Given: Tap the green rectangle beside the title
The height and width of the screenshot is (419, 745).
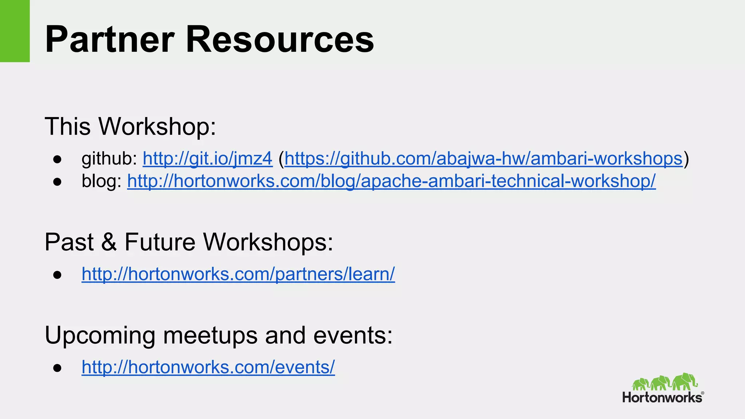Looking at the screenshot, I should point(15,31).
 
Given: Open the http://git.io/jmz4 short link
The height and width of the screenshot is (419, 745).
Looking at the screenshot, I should point(207,159).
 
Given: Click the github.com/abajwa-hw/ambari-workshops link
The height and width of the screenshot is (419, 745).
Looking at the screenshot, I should point(483,159).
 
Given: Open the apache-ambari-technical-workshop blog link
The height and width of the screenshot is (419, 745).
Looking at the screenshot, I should point(391,181).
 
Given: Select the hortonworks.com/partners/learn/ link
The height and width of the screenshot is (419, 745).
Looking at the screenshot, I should point(238,274).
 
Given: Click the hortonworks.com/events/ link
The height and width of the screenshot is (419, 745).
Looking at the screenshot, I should point(208,367).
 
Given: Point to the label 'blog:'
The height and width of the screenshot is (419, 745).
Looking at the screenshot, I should point(101,181).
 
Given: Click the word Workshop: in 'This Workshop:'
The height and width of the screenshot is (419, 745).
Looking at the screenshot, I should point(157,127).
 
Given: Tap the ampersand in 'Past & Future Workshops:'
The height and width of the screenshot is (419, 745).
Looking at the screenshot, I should point(109,242).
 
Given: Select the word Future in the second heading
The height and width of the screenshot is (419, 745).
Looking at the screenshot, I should point(160,242).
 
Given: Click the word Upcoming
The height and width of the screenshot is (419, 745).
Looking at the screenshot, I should point(100,335).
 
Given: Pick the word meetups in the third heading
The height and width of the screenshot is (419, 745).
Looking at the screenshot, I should point(210,335).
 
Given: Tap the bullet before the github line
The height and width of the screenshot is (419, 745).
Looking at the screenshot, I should point(57,159).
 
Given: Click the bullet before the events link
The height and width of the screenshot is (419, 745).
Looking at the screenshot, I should point(57,367).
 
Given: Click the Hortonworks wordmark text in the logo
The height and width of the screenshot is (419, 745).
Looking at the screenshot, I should point(662,397).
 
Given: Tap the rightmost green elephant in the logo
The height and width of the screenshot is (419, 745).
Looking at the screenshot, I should point(684,382).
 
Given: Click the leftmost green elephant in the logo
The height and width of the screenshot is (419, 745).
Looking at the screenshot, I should point(641,384).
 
